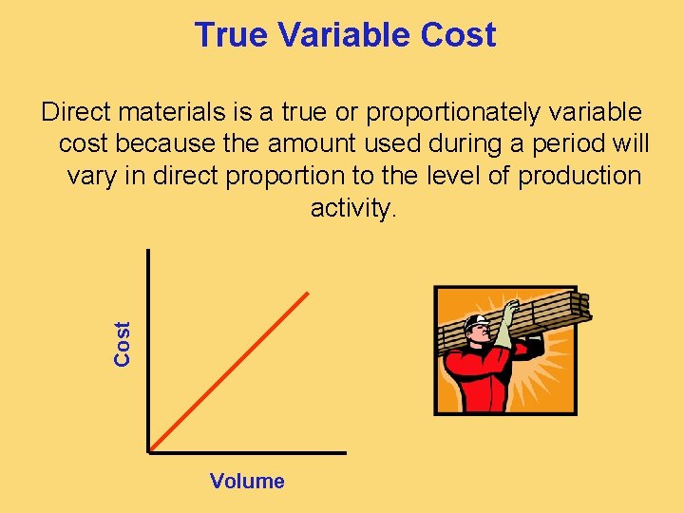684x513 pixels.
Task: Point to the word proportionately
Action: [458, 113]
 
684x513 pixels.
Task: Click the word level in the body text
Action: [432, 177]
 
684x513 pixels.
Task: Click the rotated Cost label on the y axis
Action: [123, 343]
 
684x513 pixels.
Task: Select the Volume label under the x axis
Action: [247, 481]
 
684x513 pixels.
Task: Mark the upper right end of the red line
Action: [309, 293]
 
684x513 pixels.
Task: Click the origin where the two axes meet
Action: [149, 450]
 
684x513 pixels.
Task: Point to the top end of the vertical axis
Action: [149, 251]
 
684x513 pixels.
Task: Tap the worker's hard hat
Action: [475, 322]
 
